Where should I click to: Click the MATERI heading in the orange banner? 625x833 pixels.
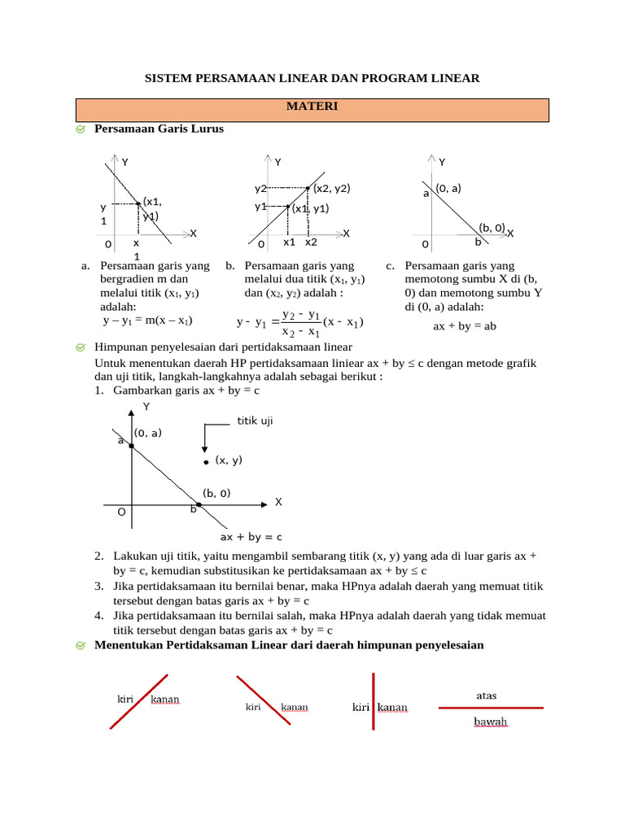coord(312,107)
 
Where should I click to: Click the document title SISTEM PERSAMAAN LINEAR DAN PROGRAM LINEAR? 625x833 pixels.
coord(312,78)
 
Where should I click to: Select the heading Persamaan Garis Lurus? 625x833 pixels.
coord(159,129)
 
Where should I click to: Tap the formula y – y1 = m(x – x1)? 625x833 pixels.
coord(147,321)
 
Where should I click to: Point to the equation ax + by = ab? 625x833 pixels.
coord(465,325)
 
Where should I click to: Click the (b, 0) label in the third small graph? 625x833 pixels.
coord(492,228)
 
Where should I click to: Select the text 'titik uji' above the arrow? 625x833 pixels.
coord(255,421)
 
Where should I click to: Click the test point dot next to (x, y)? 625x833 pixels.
coord(207,461)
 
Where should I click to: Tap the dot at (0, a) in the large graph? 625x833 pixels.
coord(130,446)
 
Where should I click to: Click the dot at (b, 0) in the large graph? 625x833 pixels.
coord(199,505)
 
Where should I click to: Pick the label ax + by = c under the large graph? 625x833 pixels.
coord(251,537)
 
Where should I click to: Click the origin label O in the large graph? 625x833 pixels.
coord(121,512)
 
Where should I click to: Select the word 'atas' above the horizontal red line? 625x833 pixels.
coord(487,696)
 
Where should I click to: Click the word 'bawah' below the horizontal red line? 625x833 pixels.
coord(491,722)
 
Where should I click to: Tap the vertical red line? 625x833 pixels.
coord(373,701)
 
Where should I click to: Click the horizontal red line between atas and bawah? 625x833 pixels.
coord(491,709)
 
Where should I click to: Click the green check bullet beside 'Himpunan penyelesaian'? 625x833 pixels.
coord(81,347)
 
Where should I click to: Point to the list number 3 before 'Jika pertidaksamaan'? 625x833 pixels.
coord(98,586)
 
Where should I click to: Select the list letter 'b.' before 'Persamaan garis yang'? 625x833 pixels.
coord(230,265)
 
